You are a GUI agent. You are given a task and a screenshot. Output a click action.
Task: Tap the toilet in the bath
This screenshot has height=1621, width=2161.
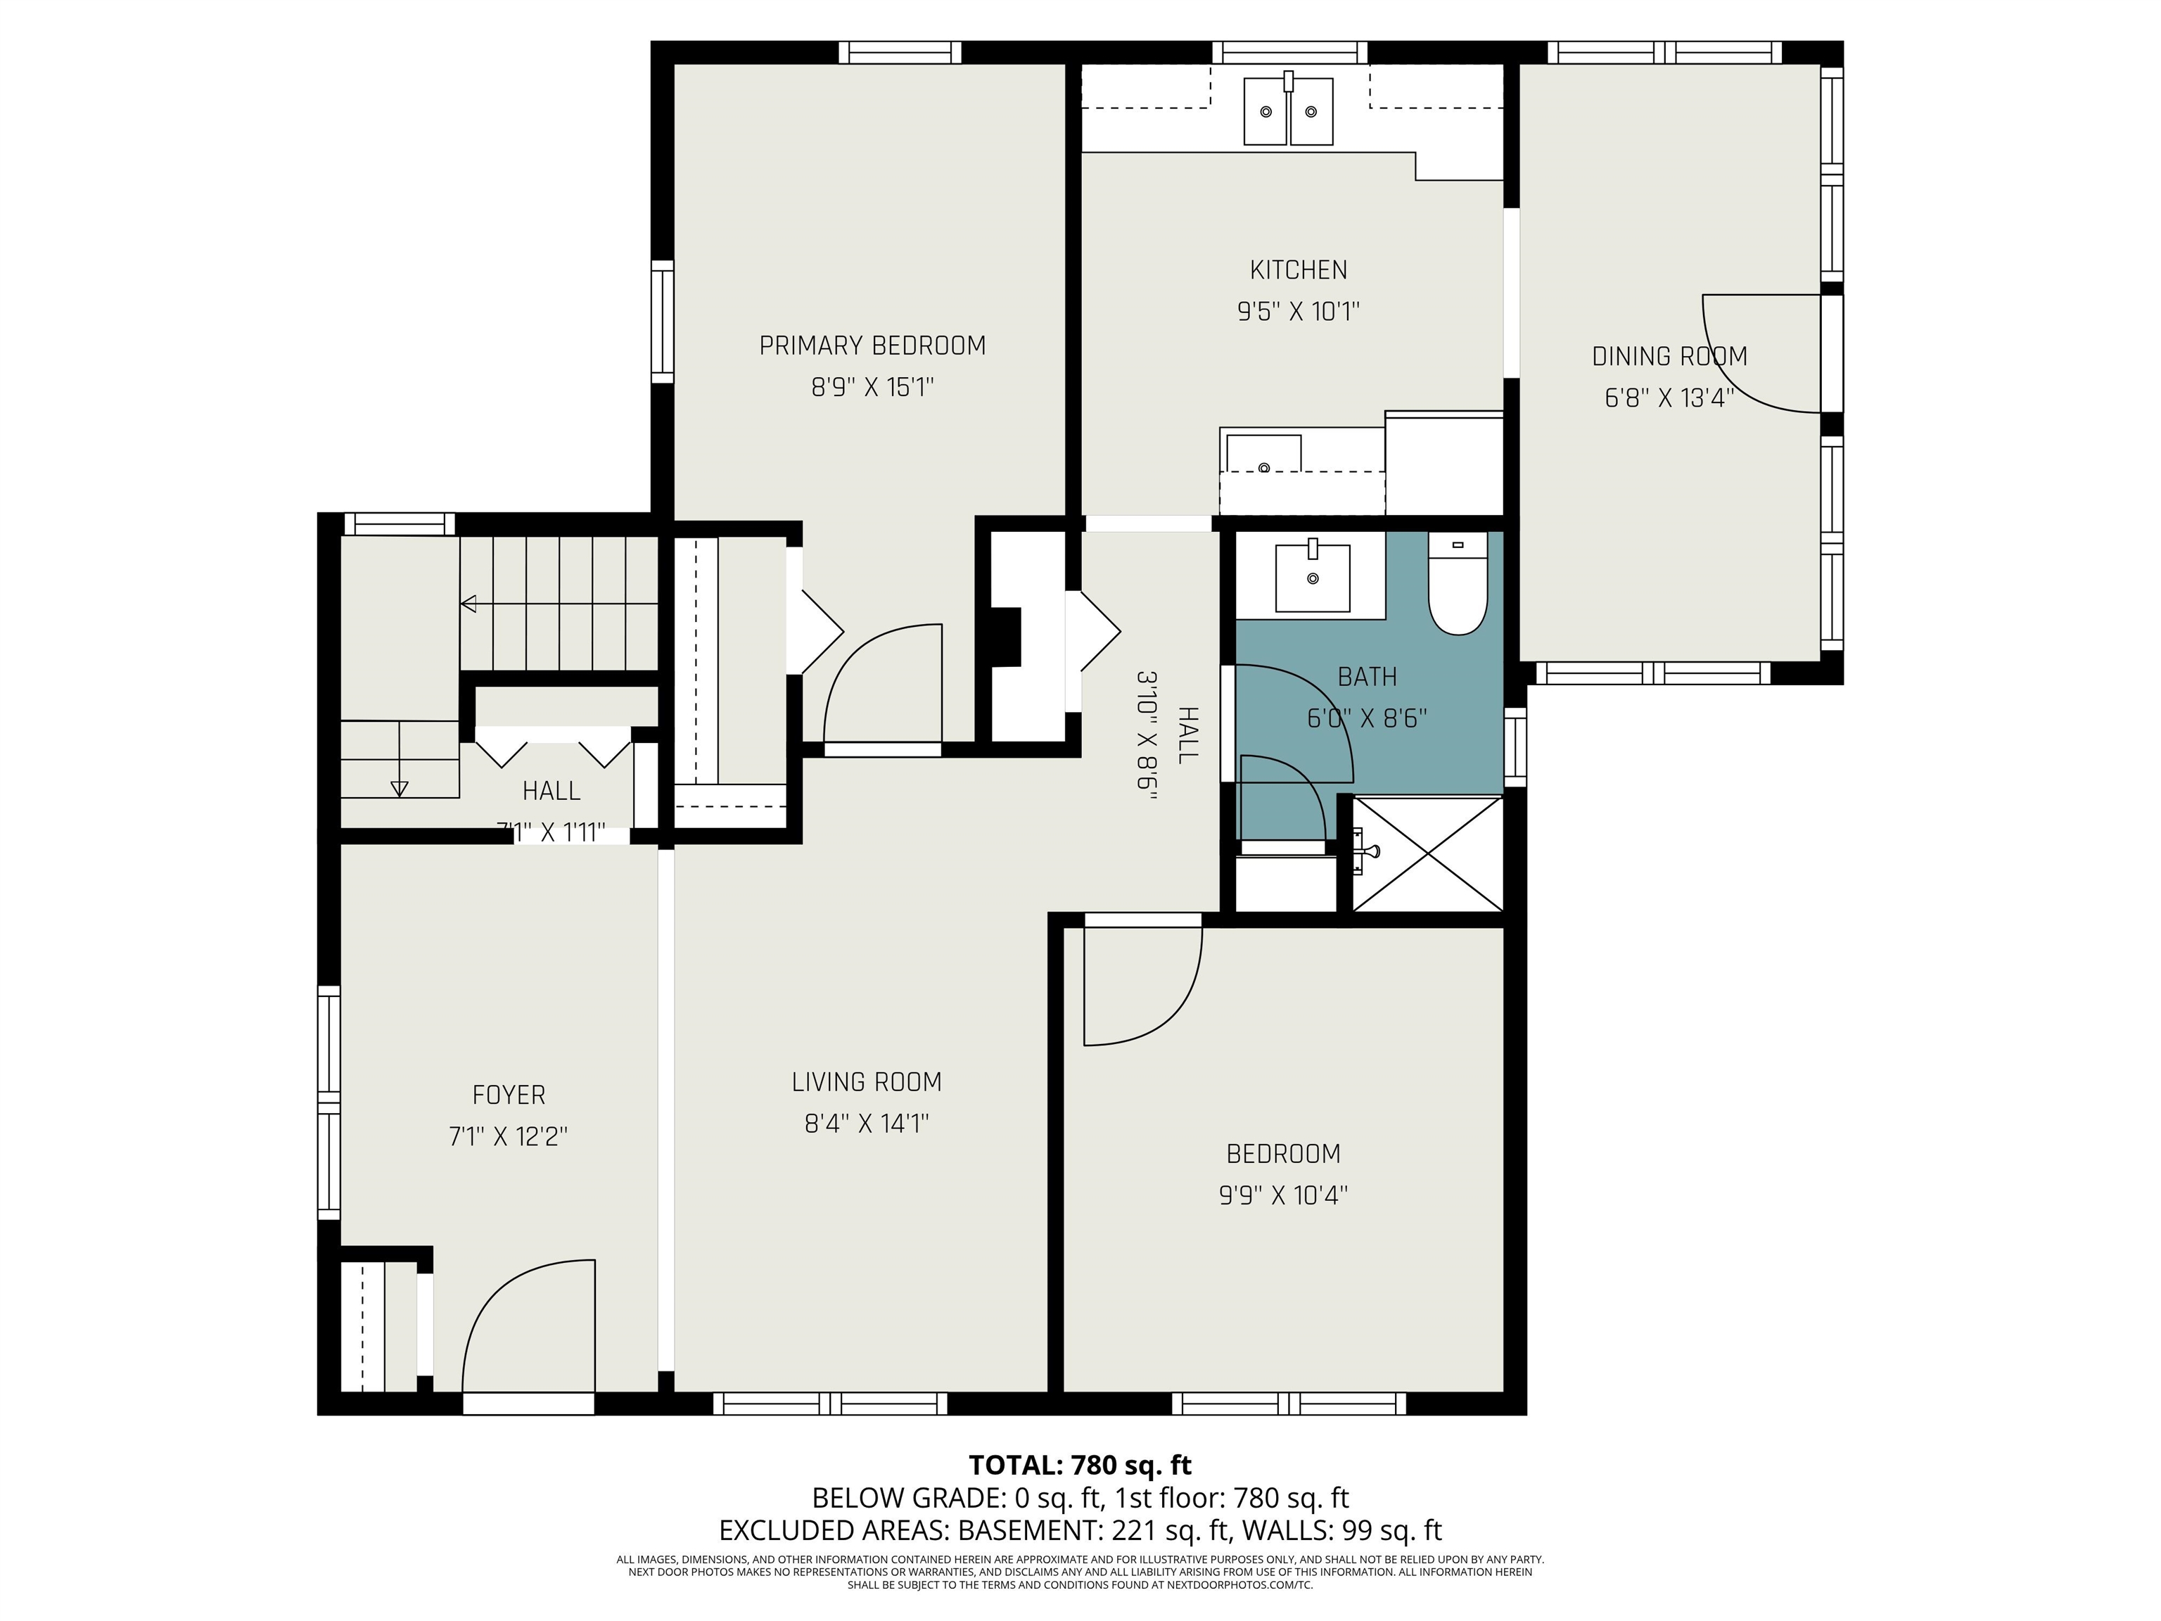[x=1457, y=586]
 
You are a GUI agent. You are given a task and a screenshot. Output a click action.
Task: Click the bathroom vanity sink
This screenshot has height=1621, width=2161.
[x=1312, y=578]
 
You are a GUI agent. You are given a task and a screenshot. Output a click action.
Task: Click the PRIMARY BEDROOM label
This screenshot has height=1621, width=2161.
[x=872, y=346]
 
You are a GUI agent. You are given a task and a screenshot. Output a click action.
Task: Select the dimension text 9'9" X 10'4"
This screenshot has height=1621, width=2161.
[x=1282, y=1195]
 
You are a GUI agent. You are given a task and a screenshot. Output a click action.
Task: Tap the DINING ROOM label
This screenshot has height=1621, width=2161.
[x=1669, y=357]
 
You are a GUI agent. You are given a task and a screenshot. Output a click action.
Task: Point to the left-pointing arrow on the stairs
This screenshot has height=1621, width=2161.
[x=469, y=604]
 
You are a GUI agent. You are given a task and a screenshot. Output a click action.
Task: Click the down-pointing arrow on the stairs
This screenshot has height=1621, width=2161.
[x=399, y=787]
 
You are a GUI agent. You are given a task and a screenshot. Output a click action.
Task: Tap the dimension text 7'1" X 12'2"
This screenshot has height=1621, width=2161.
[x=508, y=1136]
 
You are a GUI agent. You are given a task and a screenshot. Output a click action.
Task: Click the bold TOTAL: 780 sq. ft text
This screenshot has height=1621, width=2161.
[x=1080, y=1465]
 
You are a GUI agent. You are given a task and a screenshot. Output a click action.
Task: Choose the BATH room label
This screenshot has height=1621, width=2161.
[x=1367, y=676]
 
